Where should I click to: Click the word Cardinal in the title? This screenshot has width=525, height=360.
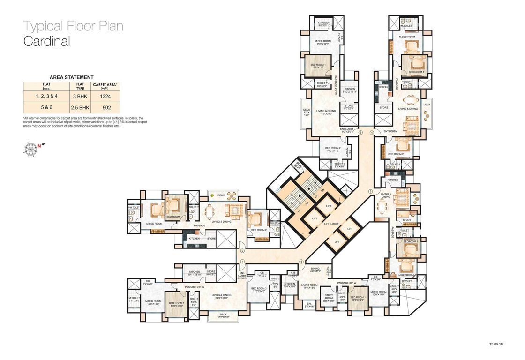(47, 41)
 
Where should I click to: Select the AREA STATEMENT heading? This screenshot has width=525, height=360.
(72, 77)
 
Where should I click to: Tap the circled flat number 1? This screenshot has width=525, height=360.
(242, 262)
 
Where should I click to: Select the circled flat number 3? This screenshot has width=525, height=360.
(360, 133)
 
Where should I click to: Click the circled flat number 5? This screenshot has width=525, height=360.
(370, 191)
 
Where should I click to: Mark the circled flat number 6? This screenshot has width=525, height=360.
(301, 262)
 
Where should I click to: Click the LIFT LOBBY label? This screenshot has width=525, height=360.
(331, 224)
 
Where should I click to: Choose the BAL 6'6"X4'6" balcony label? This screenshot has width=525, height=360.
(309, 305)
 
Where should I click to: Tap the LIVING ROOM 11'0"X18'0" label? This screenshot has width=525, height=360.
(310, 286)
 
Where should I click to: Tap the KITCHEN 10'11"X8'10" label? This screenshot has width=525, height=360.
(195, 273)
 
